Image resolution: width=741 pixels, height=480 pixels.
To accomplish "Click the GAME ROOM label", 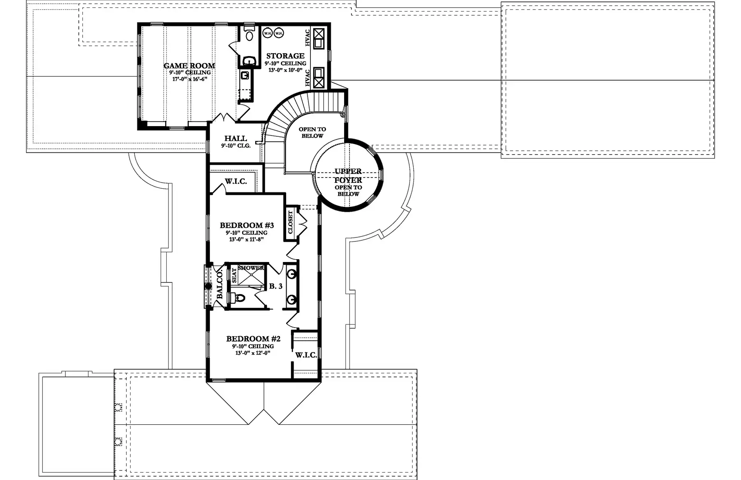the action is (x=189, y=66).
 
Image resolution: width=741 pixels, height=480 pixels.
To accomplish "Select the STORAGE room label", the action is (x=285, y=56).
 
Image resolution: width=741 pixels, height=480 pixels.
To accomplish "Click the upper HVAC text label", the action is (x=308, y=37).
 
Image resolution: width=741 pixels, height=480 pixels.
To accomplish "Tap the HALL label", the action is (x=235, y=138).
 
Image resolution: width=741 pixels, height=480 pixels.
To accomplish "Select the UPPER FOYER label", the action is (x=348, y=176).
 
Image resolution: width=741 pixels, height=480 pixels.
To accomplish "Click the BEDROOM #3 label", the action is (x=247, y=225).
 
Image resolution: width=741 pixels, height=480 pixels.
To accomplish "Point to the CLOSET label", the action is (x=290, y=222).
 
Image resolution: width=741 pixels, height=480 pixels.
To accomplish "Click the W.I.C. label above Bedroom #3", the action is (x=236, y=181).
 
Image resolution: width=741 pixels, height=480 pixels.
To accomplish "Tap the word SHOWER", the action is (x=251, y=268).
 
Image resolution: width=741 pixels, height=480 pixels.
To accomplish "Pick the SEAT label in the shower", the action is (x=234, y=275).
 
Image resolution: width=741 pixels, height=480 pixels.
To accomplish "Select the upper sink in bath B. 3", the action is (x=292, y=273).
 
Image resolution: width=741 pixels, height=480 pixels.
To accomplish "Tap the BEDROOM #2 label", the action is (x=253, y=339).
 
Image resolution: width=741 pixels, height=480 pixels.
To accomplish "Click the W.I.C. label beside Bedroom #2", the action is (x=306, y=355).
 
